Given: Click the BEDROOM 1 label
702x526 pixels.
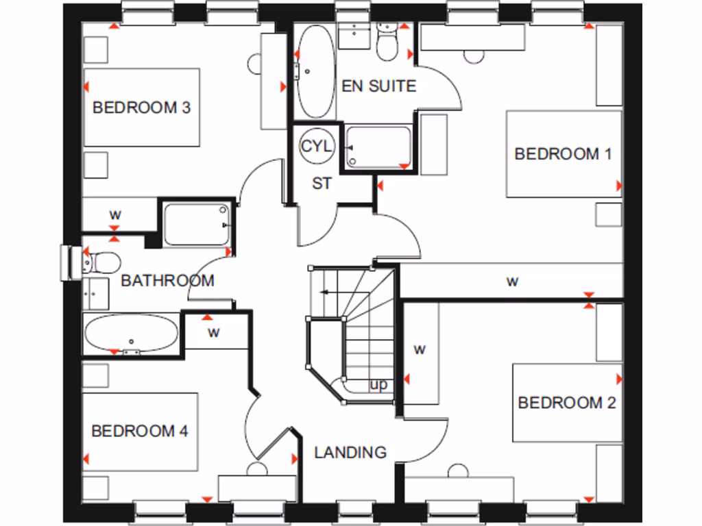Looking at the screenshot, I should point(562,153).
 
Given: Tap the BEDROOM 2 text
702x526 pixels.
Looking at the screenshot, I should point(566,402).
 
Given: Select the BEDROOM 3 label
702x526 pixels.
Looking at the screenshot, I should point(141,108).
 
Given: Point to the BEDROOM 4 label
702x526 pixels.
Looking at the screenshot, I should point(140,431).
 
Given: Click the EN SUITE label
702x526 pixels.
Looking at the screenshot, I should point(378,86).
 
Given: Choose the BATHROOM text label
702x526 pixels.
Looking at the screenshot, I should point(167,280).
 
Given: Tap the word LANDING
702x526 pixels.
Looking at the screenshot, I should point(350,452).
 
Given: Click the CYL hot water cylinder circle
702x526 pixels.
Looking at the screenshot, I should point(317,146).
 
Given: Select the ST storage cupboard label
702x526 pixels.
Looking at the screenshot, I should point(322,184).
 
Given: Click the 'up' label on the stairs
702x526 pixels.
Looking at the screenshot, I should point(378,385).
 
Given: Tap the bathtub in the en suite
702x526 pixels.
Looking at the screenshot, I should point(315,71).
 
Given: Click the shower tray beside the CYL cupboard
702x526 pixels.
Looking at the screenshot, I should point(379,146).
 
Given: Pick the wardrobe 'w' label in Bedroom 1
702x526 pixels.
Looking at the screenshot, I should point(511,281).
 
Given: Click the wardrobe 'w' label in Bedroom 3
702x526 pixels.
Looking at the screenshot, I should point(115,214).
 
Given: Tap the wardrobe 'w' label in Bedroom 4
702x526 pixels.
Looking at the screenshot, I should point(214,334).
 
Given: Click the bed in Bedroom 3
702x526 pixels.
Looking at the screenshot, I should point(141,107).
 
